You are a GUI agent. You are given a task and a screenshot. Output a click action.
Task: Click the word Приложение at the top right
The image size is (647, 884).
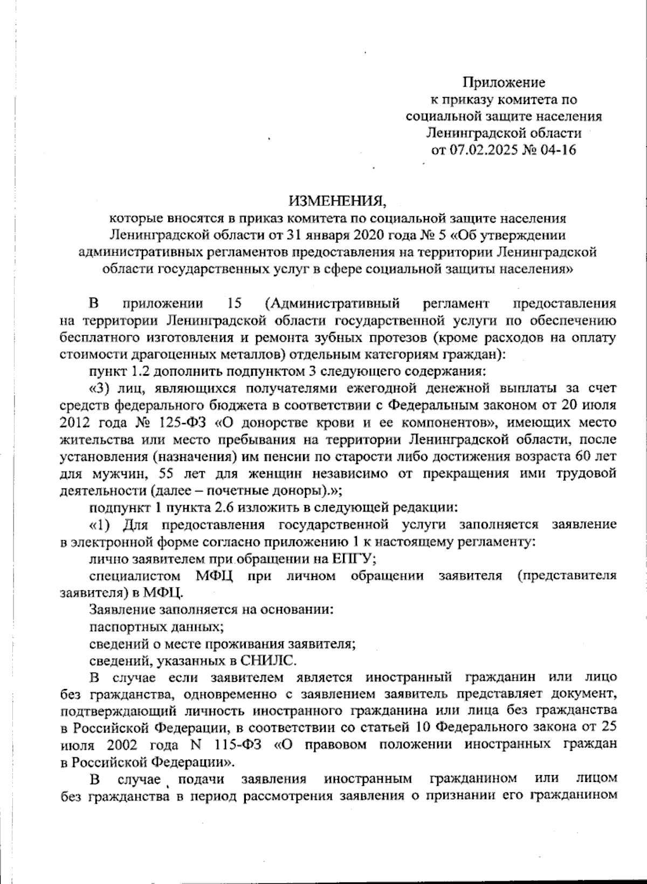coord(504,82)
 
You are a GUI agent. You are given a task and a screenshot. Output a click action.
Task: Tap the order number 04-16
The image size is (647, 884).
coord(558,149)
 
